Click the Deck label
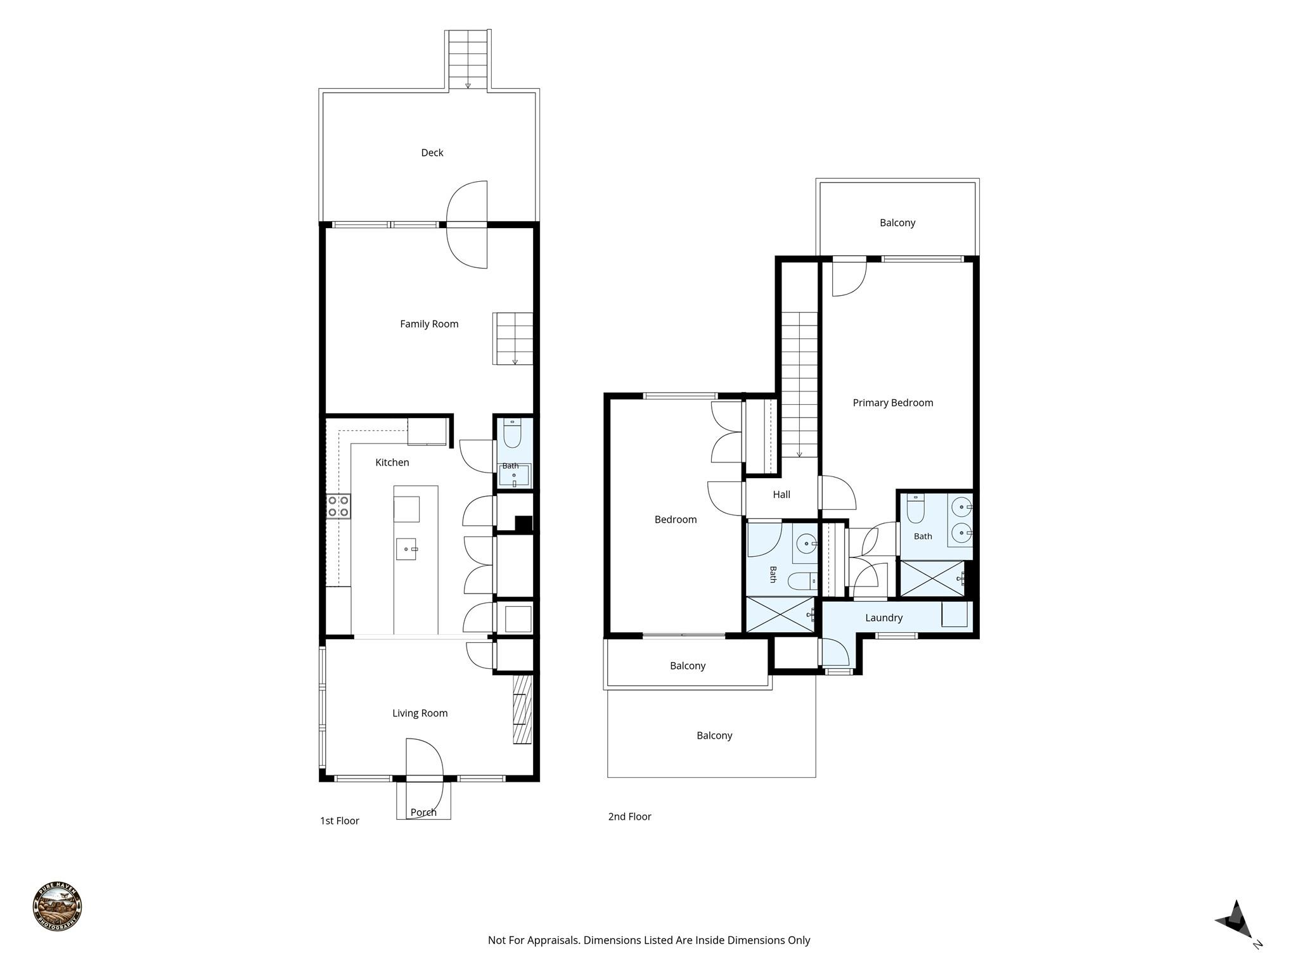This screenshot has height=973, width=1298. click(432, 153)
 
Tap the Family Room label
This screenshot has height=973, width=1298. click(429, 324)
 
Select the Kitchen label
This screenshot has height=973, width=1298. click(392, 462)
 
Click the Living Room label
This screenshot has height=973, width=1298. click(420, 713)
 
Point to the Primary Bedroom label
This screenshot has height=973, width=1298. click(892, 403)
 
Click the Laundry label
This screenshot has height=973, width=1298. click(884, 618)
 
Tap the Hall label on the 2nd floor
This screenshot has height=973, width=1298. click(781, 495)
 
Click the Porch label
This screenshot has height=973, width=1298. click(423, 812)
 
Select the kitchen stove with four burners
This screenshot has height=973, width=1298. click(338, 506)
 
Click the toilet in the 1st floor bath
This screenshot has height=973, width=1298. click(512, 433)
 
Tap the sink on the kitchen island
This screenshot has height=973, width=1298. click(406, 549)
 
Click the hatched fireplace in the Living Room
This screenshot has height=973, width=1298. click(522, 709)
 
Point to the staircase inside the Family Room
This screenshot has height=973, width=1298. click(513, 338)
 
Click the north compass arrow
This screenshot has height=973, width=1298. click(1235, 919)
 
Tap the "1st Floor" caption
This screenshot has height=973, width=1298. click(340, 821)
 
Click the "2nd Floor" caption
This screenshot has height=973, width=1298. click(630, 817)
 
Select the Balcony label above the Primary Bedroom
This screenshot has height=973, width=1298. click(897, 223)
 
